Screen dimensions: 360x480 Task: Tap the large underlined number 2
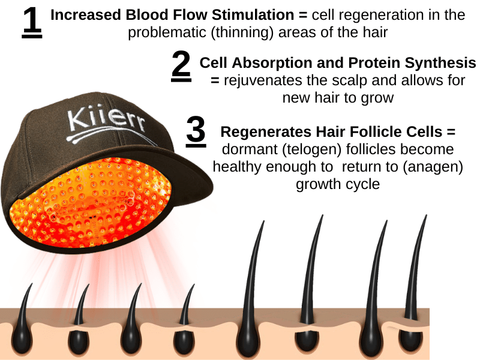[181, 67]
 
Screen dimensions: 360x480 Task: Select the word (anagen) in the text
[431, 167]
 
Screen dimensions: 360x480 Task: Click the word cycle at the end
[361, 184]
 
